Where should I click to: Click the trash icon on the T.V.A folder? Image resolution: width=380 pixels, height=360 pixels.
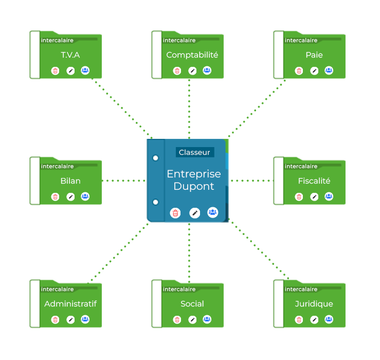(55, 70)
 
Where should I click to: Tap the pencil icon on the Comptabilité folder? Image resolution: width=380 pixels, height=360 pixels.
(192, 70)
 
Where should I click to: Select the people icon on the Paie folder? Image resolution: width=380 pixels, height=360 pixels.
(329, 70)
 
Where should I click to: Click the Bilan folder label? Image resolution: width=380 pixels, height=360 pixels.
(70, 181)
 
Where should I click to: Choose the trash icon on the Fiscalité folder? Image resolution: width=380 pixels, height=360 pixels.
(299, 196)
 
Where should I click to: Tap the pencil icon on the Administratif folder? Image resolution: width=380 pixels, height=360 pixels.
(70, 319)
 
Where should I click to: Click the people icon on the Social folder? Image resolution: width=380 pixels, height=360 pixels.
(207, 319)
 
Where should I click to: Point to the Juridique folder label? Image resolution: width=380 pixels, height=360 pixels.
(314, 304)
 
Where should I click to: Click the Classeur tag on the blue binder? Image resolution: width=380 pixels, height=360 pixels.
(194, 153)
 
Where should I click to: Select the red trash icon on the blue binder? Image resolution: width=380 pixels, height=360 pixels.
(175, 213)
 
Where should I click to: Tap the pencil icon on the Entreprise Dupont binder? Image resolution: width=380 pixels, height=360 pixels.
(194, 213)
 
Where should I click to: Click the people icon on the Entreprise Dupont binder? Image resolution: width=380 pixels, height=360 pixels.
(212, 212)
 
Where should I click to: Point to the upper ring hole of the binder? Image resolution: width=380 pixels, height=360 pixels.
(155, 158)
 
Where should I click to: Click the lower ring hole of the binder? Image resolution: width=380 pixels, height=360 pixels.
(155, 201)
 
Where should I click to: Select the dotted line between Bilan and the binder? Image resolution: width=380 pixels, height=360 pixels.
(123, 181)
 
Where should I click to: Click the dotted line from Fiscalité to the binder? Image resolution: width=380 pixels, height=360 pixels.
(251, 181)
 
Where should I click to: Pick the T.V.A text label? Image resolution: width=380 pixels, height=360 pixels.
(70, 55)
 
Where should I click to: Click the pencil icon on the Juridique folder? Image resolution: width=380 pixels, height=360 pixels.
(314, 319)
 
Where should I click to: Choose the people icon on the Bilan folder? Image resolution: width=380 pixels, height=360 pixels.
(85, 196)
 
